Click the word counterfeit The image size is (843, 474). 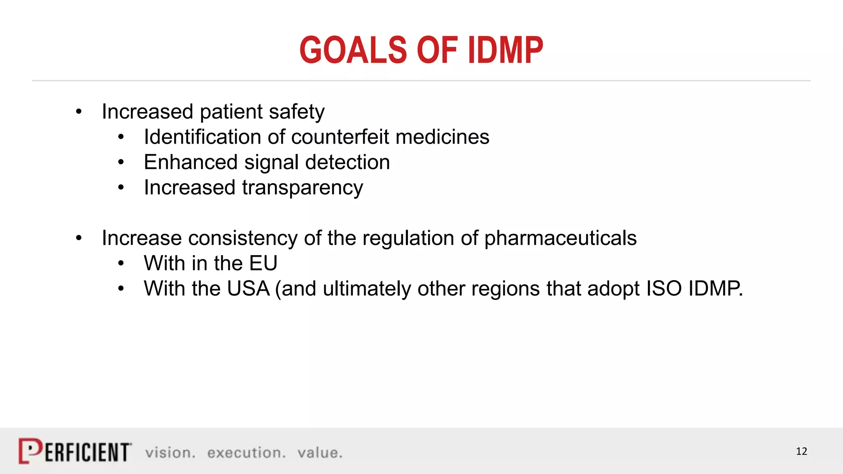click(x=340, y=137)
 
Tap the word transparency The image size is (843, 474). click(x=303, y=188)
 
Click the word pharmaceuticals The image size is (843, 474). click(x=560, y=238)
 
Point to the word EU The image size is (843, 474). click(x=263, y=263)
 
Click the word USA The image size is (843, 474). click(x=248, y=289)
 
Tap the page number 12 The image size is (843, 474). click(x=801, y=451)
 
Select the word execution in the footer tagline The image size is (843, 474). click(x=246, y=453)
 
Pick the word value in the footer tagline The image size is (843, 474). click(x=319, y=453)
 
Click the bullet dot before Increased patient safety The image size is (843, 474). click(x=79, y=112)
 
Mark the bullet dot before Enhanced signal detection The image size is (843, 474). click(x=121, y=163)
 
